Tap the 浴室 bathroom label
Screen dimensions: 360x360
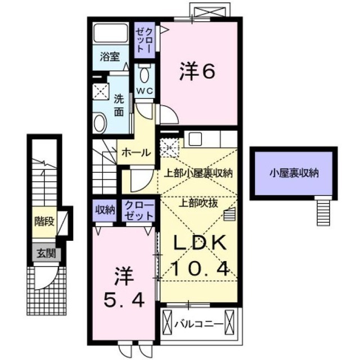(110, 57)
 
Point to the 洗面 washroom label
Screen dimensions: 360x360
(119, 105)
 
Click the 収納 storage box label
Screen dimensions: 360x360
(104, 210)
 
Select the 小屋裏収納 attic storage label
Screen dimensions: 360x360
(294, 173)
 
